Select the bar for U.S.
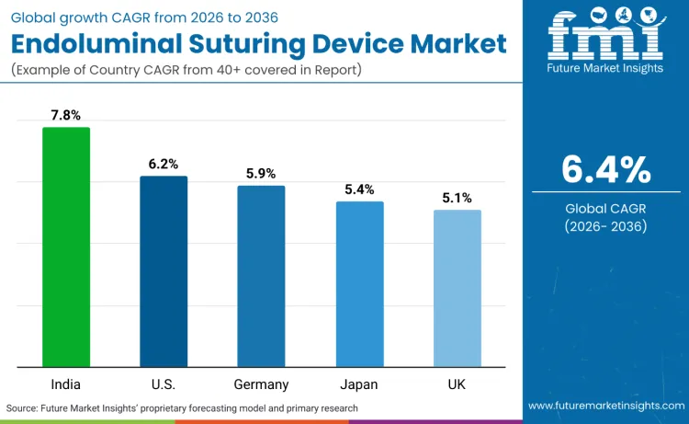click(164, 271)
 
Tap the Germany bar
click(261, 276)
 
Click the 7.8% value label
click(66, 115)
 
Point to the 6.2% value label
click(164, 164)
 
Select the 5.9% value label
click(261, 173)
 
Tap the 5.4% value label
click(359, 189)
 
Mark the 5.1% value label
click(457, 198)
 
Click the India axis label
click(66, 384)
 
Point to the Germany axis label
click(261, 384)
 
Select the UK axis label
click(457, 384)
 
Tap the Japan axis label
click(359, 384)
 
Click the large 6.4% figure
click(605, 169)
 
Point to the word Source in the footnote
click(23, 407)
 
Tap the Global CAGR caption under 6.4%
click(605, 209)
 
